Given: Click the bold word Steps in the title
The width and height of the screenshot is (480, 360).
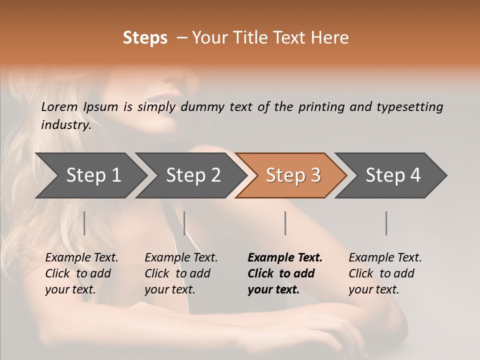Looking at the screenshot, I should point(145,38).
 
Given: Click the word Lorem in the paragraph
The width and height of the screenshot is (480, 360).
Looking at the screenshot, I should point(59,107).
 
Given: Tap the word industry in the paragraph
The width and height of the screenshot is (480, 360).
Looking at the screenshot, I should point(65,125).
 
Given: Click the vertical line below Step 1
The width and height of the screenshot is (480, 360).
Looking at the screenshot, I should point(84,223).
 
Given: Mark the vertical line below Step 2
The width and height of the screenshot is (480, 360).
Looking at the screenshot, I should point(184,223).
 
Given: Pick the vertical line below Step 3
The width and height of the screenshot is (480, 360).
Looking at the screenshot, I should point(285,223).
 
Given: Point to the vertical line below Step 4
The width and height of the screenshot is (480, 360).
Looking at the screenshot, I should point(386,223).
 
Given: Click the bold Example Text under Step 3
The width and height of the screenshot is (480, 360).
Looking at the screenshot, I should point(285,258).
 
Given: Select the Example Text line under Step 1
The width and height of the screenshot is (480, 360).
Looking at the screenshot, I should point(81,258).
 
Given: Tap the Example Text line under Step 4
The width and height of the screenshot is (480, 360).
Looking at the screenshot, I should point(385,258).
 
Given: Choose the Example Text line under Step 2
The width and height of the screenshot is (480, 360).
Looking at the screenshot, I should point(181,258).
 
